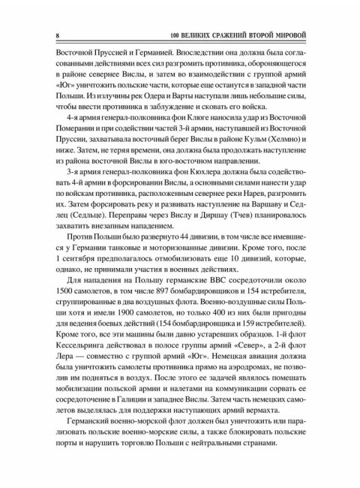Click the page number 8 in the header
point(47,35)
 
